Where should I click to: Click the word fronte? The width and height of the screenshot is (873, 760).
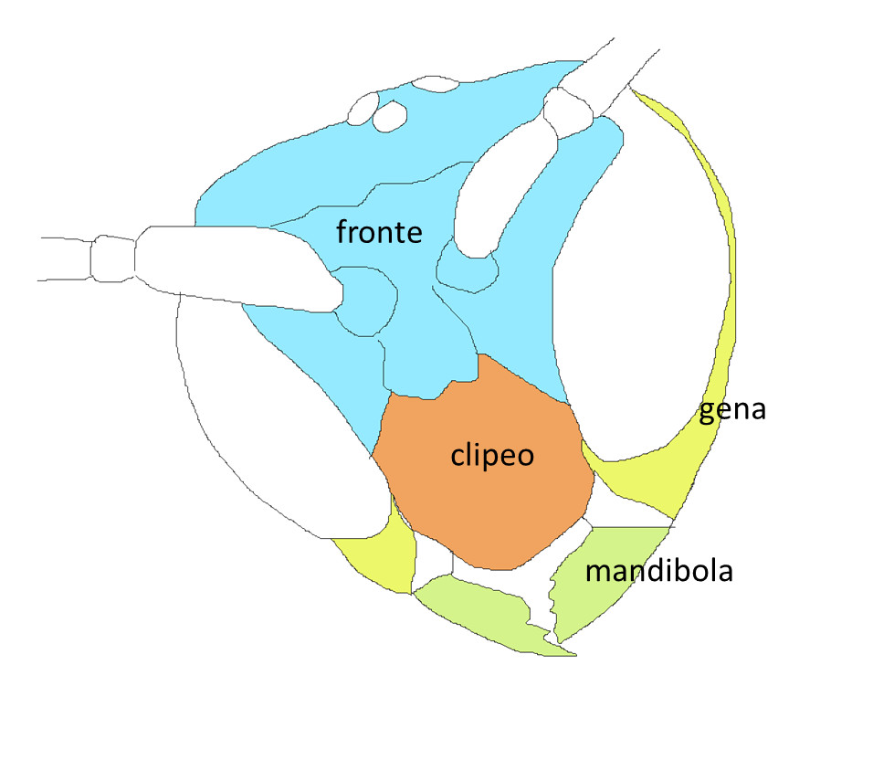coord(379,232)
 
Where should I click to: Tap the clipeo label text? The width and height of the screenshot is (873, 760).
coord(491,455)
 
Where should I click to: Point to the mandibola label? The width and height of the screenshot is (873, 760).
coord(659,572)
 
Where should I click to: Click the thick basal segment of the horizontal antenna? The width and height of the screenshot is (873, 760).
coord(237,265)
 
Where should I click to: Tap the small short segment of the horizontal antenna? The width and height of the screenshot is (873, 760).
coord(113,257)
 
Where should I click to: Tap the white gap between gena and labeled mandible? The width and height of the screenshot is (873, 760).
coord(630,516)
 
